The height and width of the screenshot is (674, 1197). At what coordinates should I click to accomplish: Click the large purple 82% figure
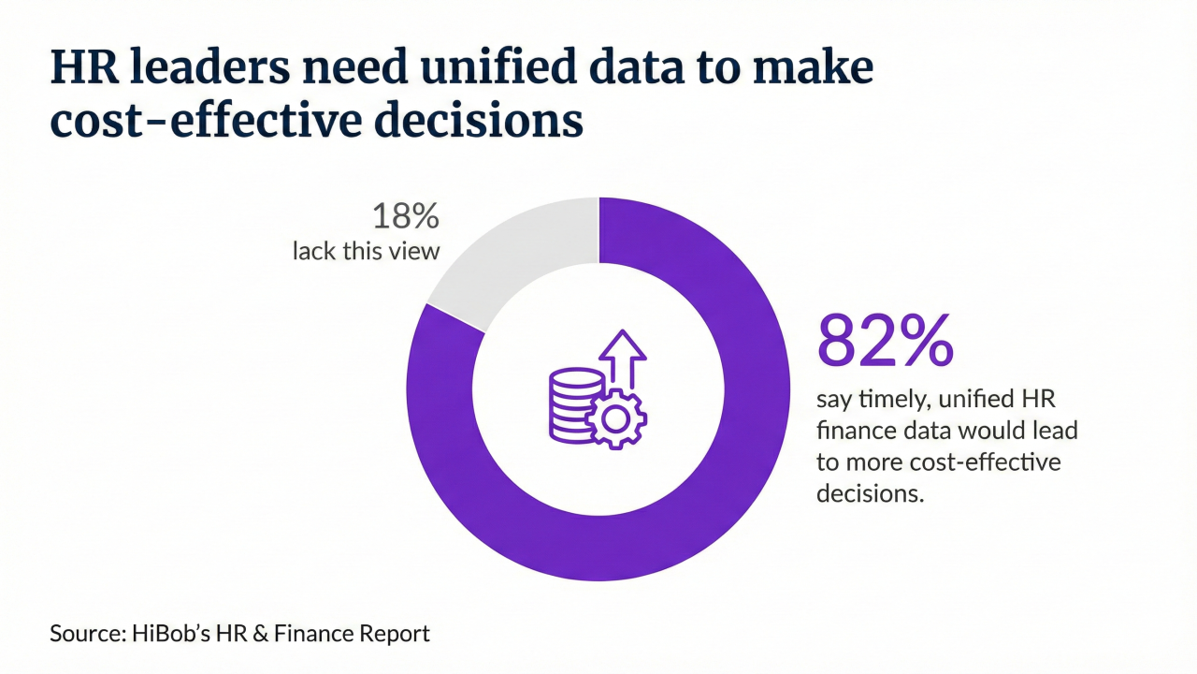tap(885, 341)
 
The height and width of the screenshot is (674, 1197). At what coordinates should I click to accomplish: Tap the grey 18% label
tap(405, 217)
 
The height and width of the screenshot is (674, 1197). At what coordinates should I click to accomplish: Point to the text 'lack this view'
tap(366, 252)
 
